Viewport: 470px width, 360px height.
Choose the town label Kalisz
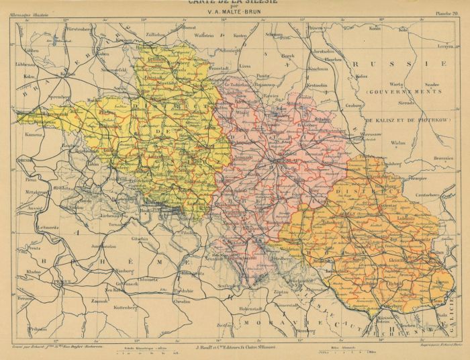363,77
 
